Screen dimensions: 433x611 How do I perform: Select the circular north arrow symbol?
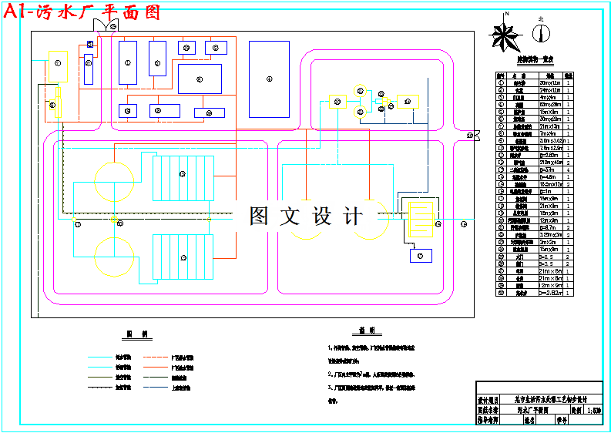pyautogui.click(x=542, y=32)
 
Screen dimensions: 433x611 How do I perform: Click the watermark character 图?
pyautogui.click(x=259, y=216)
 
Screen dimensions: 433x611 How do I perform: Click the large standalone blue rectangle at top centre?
pyautogui.click(x=269, y=79)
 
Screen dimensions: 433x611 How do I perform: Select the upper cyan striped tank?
pyautogui.click(x=182, y=177)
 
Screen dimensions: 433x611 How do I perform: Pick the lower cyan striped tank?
pyautogui.click(x=182, y=257)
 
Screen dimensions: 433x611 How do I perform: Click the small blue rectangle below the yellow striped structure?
pyautogui.click(x=420, y=255)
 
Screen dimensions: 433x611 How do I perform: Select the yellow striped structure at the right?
pyautogui.click(x=420, y=220)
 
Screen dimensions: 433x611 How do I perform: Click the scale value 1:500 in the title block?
pyautogui.click(x=594, y=411)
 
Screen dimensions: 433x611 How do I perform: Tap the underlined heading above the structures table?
pyautogui.click(x=535, y=59)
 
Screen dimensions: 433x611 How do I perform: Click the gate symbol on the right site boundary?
pyautogui.click(x=471, y=136)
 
